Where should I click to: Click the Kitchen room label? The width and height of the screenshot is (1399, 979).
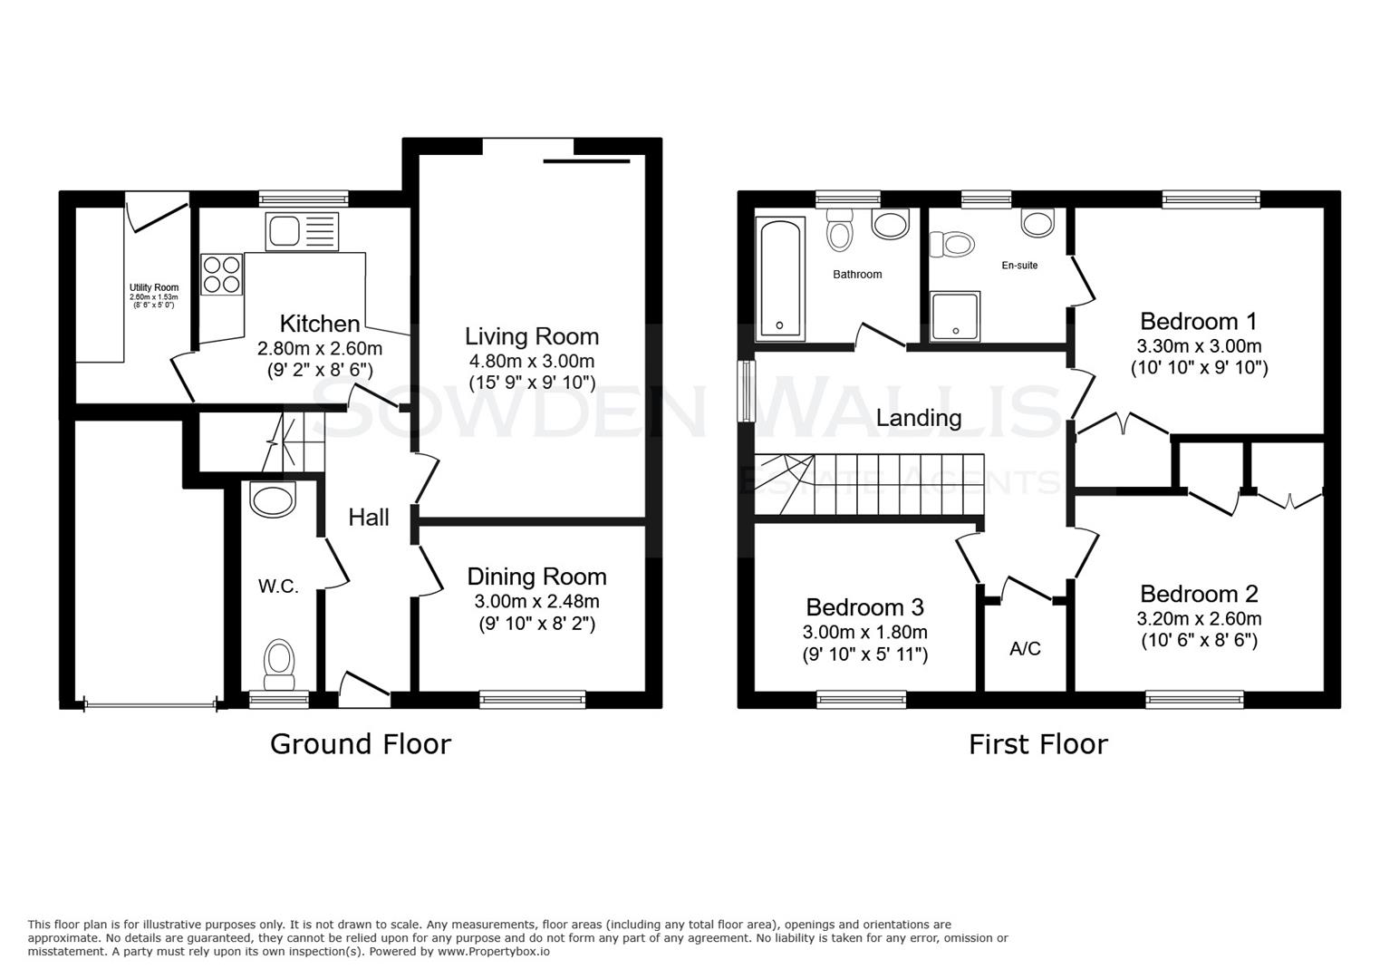319,324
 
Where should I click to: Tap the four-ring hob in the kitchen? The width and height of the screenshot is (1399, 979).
222,274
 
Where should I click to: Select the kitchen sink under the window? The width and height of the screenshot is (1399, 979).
301,232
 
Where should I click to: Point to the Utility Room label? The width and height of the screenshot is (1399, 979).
153,287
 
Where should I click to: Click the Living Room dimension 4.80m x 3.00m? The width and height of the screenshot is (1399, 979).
531,360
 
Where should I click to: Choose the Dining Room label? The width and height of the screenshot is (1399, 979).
536,577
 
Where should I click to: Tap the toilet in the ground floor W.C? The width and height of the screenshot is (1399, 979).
279,664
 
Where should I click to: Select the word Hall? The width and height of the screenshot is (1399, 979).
369,518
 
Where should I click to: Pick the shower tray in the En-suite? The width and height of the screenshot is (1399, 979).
955,316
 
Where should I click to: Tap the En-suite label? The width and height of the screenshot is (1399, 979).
1019,266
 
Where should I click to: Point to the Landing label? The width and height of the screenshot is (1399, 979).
919,418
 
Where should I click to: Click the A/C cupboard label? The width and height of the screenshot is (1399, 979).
1025,649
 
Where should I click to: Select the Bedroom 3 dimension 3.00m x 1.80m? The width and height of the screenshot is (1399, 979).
864,632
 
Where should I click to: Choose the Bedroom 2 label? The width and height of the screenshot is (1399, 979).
1199,594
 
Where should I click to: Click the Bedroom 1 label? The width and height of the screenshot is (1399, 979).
1199,321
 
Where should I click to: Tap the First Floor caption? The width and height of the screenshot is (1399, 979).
1037,744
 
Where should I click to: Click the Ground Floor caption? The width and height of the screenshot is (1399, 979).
361,744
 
